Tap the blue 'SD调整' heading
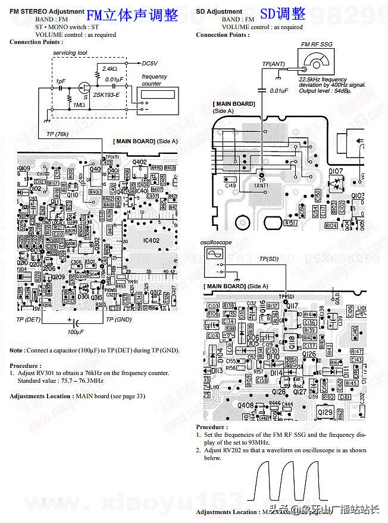coord(283,14)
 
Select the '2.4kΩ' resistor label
coord(109,69)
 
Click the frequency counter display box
coord(159,94)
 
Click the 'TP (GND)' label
coord(119,319)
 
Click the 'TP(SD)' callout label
coord(268,259)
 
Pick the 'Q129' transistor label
coord(326,412)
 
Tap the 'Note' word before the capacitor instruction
coord(17,351)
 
